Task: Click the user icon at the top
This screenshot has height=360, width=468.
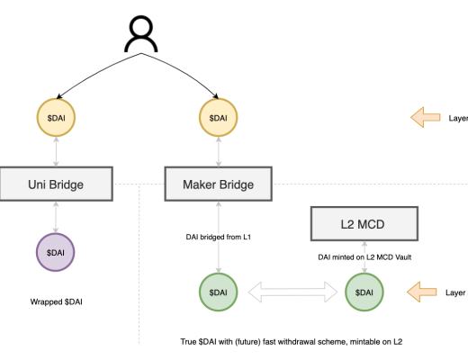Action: tap(142, 37)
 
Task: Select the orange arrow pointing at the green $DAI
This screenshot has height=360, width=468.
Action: tap(422, 292)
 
